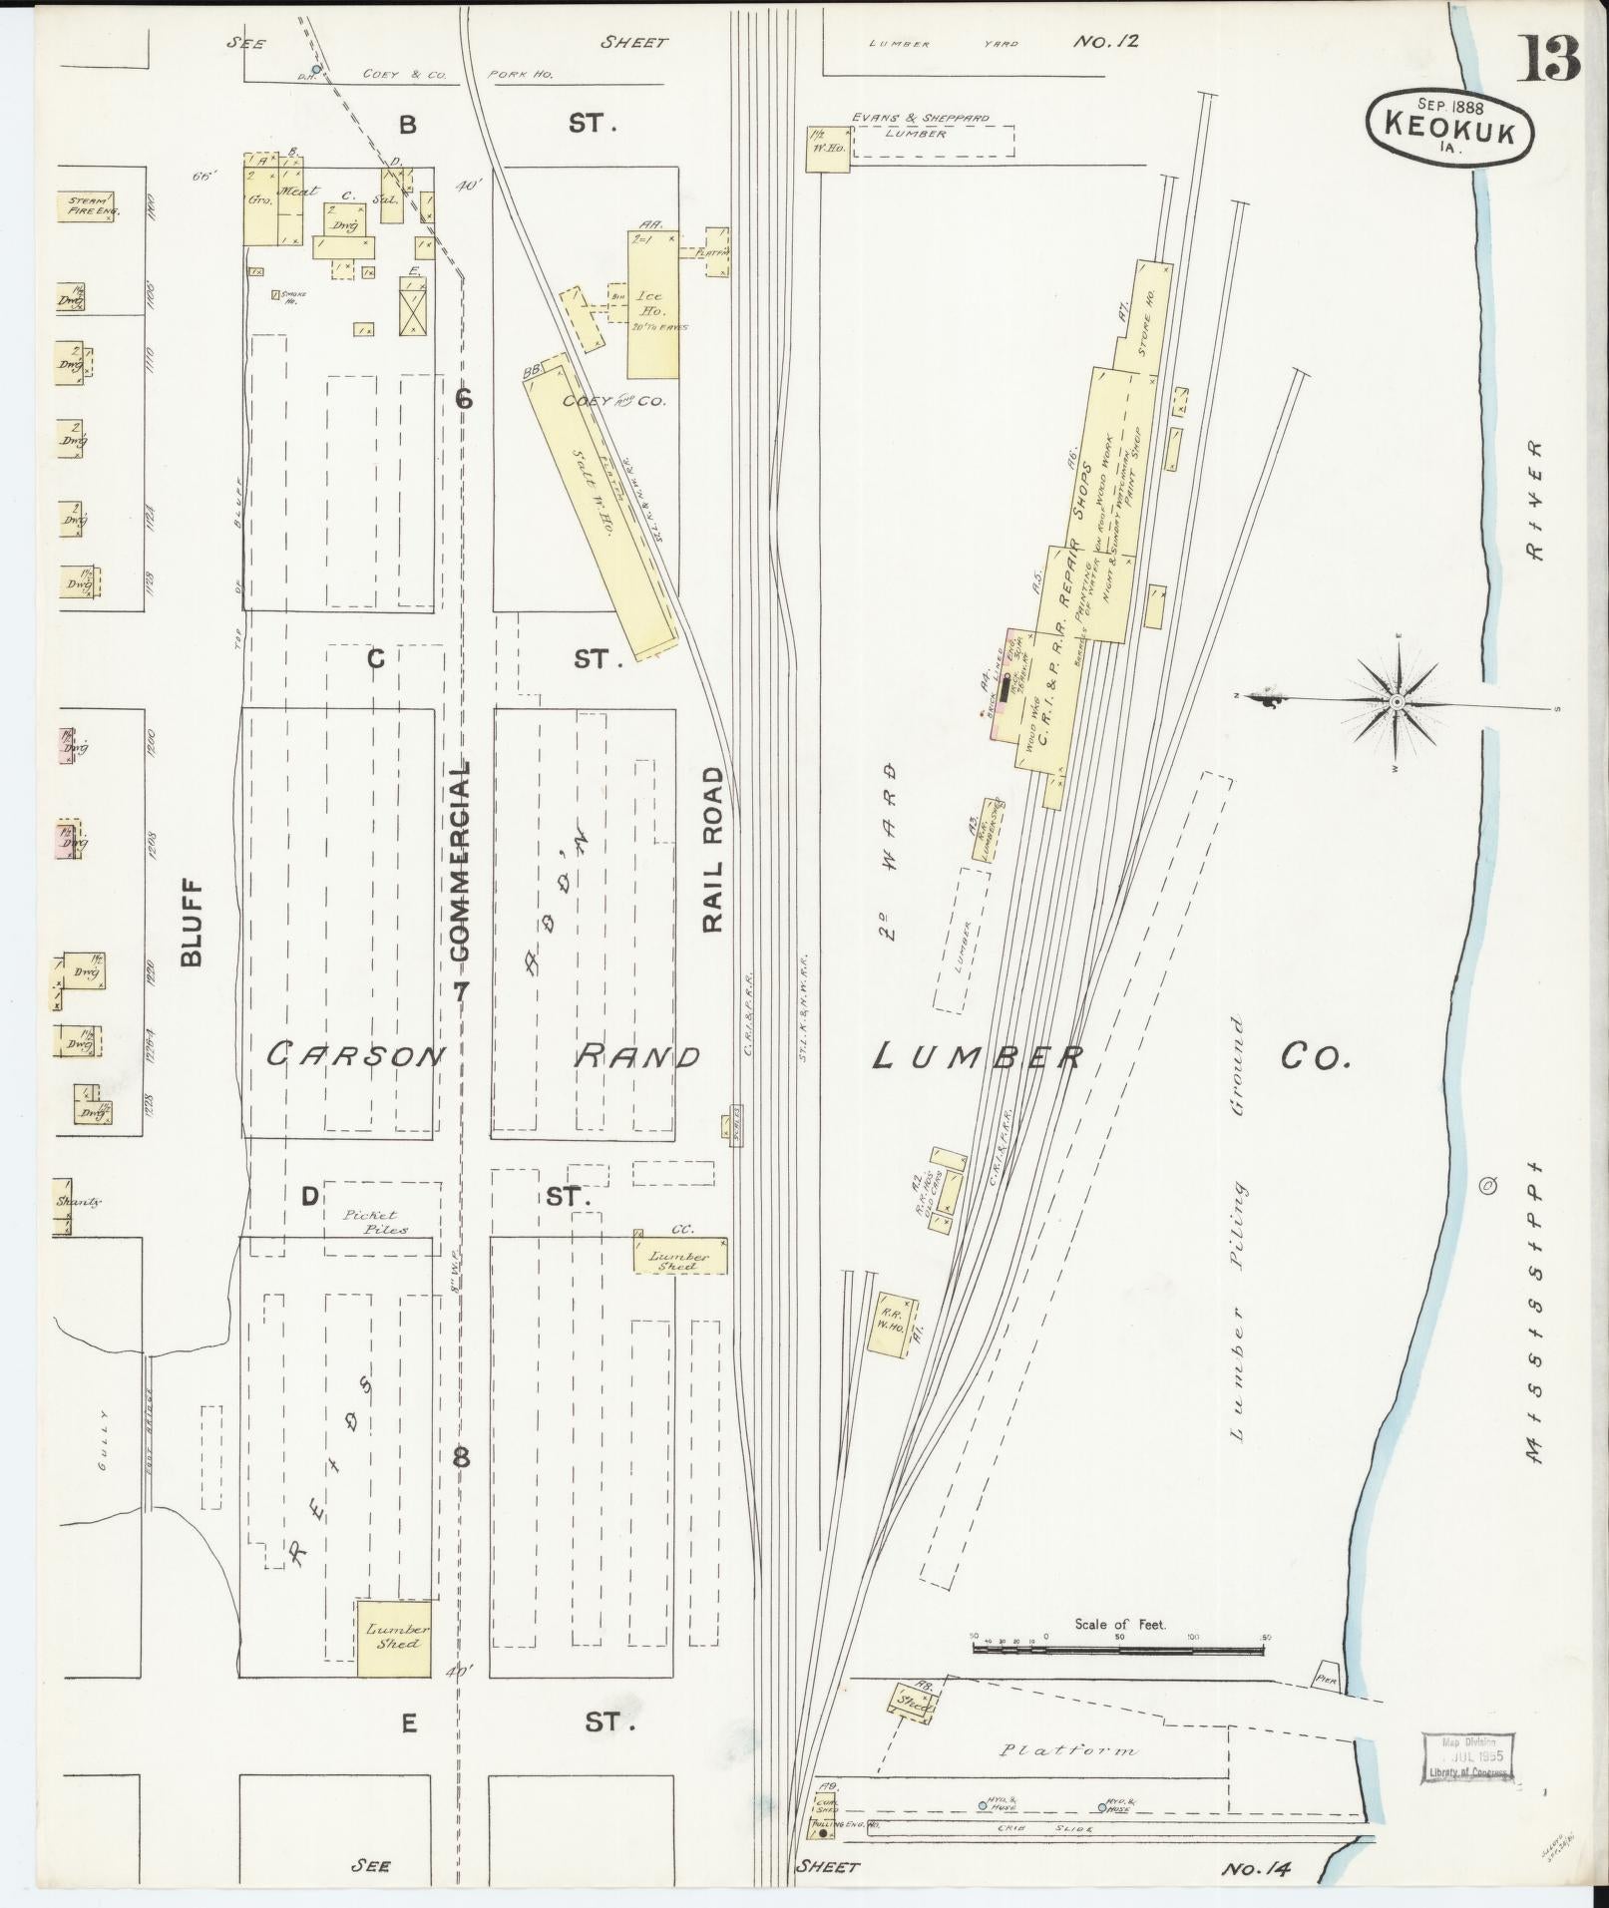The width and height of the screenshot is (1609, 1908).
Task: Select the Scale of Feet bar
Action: point(1118,1650)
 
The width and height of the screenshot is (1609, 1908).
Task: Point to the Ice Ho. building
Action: point(652,305)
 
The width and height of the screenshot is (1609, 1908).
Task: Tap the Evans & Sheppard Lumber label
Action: point(919,125)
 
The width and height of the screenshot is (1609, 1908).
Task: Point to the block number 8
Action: point(461,1457)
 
